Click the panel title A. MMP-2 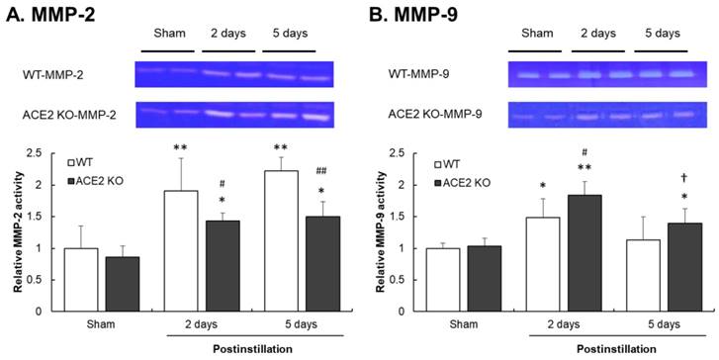50,16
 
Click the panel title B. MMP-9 412,16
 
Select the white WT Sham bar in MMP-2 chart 81,280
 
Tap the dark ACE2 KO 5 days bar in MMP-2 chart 322,264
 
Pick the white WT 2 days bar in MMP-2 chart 181,251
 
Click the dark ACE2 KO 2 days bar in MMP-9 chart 585,253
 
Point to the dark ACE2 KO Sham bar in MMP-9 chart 485,279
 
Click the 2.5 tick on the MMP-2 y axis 40,153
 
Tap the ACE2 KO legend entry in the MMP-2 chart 95,181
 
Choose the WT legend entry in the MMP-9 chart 446,164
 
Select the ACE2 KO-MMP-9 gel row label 435,114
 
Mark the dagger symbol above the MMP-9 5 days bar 684,177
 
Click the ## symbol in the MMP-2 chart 323,171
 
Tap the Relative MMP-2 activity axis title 18,231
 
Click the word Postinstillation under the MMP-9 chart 616,349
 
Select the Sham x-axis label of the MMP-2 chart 102,324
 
